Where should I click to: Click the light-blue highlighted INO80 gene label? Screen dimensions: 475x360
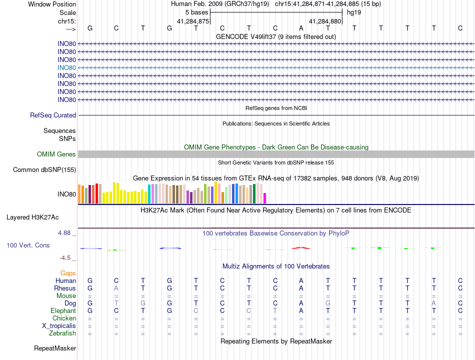[x=66, y=68]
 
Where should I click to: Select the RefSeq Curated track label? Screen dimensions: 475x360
[x=53, y=115]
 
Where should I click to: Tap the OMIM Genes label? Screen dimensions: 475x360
[x=56, y=154]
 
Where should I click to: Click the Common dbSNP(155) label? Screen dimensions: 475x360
[x=44, y=169]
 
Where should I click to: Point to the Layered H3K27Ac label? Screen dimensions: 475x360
[x=32, y=217]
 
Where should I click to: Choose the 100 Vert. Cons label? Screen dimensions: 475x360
[x=28, y=245]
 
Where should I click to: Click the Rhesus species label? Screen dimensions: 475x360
[x=65, y=288]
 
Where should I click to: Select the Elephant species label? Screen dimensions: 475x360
[x=63, y=311]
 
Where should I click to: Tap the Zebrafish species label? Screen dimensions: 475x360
[x=62, y=333]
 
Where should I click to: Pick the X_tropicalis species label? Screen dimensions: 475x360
[x=59, y=326]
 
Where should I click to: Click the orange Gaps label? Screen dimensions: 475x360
[x=68, y=273]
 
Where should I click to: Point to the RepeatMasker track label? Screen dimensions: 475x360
[x=55, y=348]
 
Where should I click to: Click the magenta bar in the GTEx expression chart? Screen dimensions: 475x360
[x=265, y=198]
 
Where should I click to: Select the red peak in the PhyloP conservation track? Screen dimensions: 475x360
[x=301, y=248]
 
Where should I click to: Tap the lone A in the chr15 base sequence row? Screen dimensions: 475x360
[x=301, y=28]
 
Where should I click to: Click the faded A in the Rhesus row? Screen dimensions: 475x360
[x=116, y=288]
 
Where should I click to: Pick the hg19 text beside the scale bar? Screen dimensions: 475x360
[x=354, y=12]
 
